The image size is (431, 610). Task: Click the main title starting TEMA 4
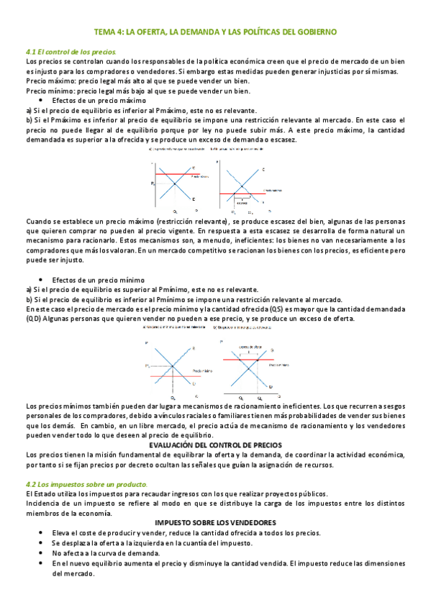216,32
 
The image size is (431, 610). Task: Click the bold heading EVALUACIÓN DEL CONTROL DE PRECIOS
215,445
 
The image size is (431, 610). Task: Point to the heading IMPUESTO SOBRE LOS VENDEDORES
215,521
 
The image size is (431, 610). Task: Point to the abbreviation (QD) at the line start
33,318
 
